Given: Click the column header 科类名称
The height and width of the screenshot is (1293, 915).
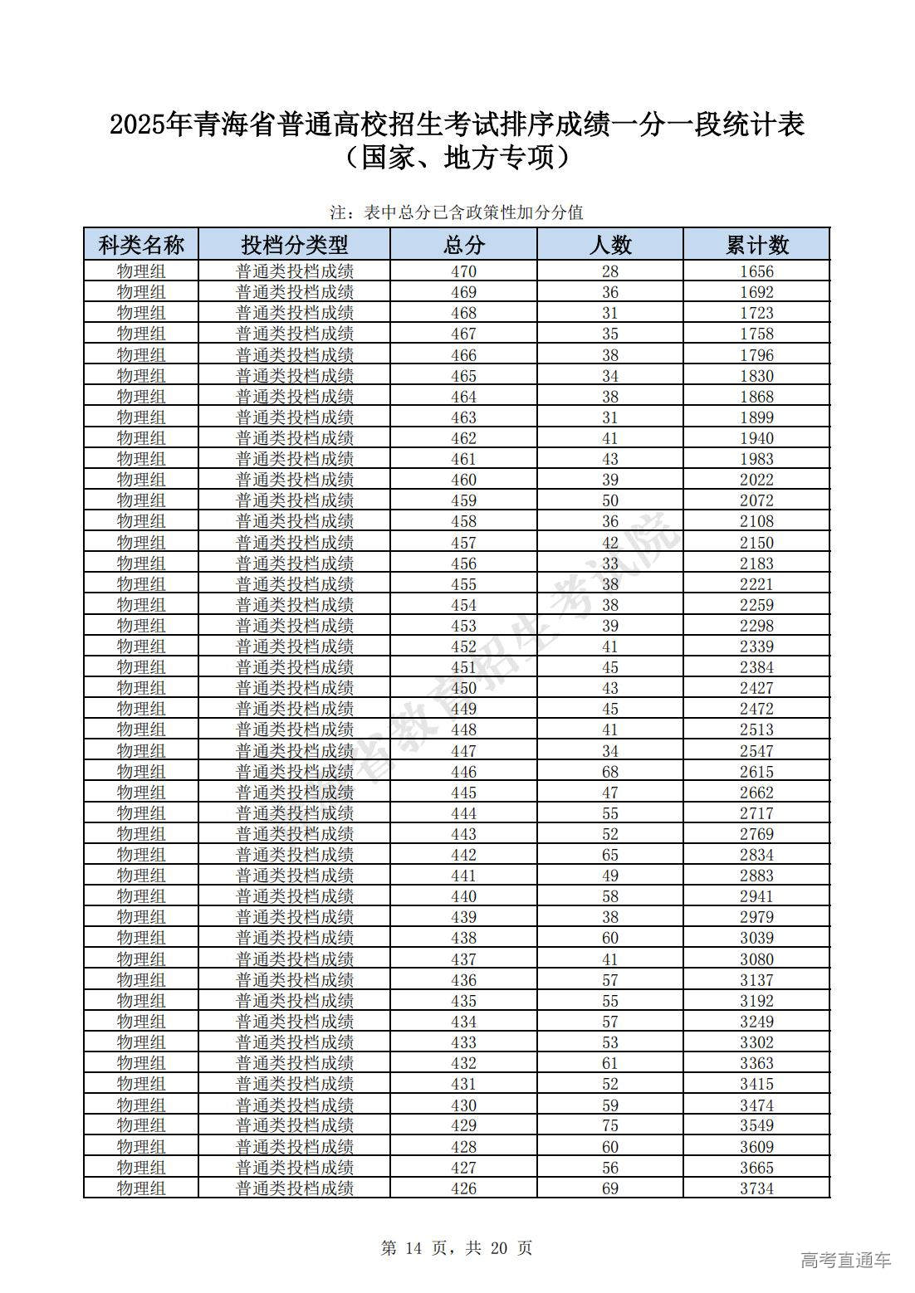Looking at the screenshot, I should (x=141, y=245).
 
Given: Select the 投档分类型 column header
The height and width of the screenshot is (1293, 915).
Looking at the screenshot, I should (x=295, y=245).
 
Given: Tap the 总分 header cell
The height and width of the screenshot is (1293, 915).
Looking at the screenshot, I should (x=463, y=245).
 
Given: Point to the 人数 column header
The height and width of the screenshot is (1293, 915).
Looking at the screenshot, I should (x=610, y=245).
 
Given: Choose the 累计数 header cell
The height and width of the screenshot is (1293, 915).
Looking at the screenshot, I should (x=756, y=245).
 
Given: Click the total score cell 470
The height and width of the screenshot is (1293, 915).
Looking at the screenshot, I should (x=463, y=271).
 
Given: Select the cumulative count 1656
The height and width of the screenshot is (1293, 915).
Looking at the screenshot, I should (x=756, y=271).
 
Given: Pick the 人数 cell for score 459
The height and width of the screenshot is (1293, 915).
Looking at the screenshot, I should (x=610, y=500).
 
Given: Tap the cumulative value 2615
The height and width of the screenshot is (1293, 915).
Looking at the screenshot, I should (x=756, y=772).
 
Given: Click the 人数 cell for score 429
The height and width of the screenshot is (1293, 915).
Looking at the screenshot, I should (x=610, y=1125).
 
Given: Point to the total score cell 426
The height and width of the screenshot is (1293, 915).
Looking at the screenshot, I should (x=463, y=1188).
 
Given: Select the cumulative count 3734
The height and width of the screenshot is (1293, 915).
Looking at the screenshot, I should (x=756, y=1188).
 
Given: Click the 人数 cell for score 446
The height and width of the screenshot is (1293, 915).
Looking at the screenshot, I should (x=610, y=772).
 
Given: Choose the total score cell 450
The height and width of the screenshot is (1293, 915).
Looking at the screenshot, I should (x=463, y=688).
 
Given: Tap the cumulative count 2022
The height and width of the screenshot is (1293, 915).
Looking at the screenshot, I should (x=756, y=480).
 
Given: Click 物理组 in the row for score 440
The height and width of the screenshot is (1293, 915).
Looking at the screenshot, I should (x=141, y=896).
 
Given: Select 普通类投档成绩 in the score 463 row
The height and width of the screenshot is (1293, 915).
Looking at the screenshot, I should (x=295, y=417).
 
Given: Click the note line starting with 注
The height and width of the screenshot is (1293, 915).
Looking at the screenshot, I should (x=457, y=212).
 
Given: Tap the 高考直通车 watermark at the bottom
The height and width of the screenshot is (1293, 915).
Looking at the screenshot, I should (x=845, y=1260).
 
